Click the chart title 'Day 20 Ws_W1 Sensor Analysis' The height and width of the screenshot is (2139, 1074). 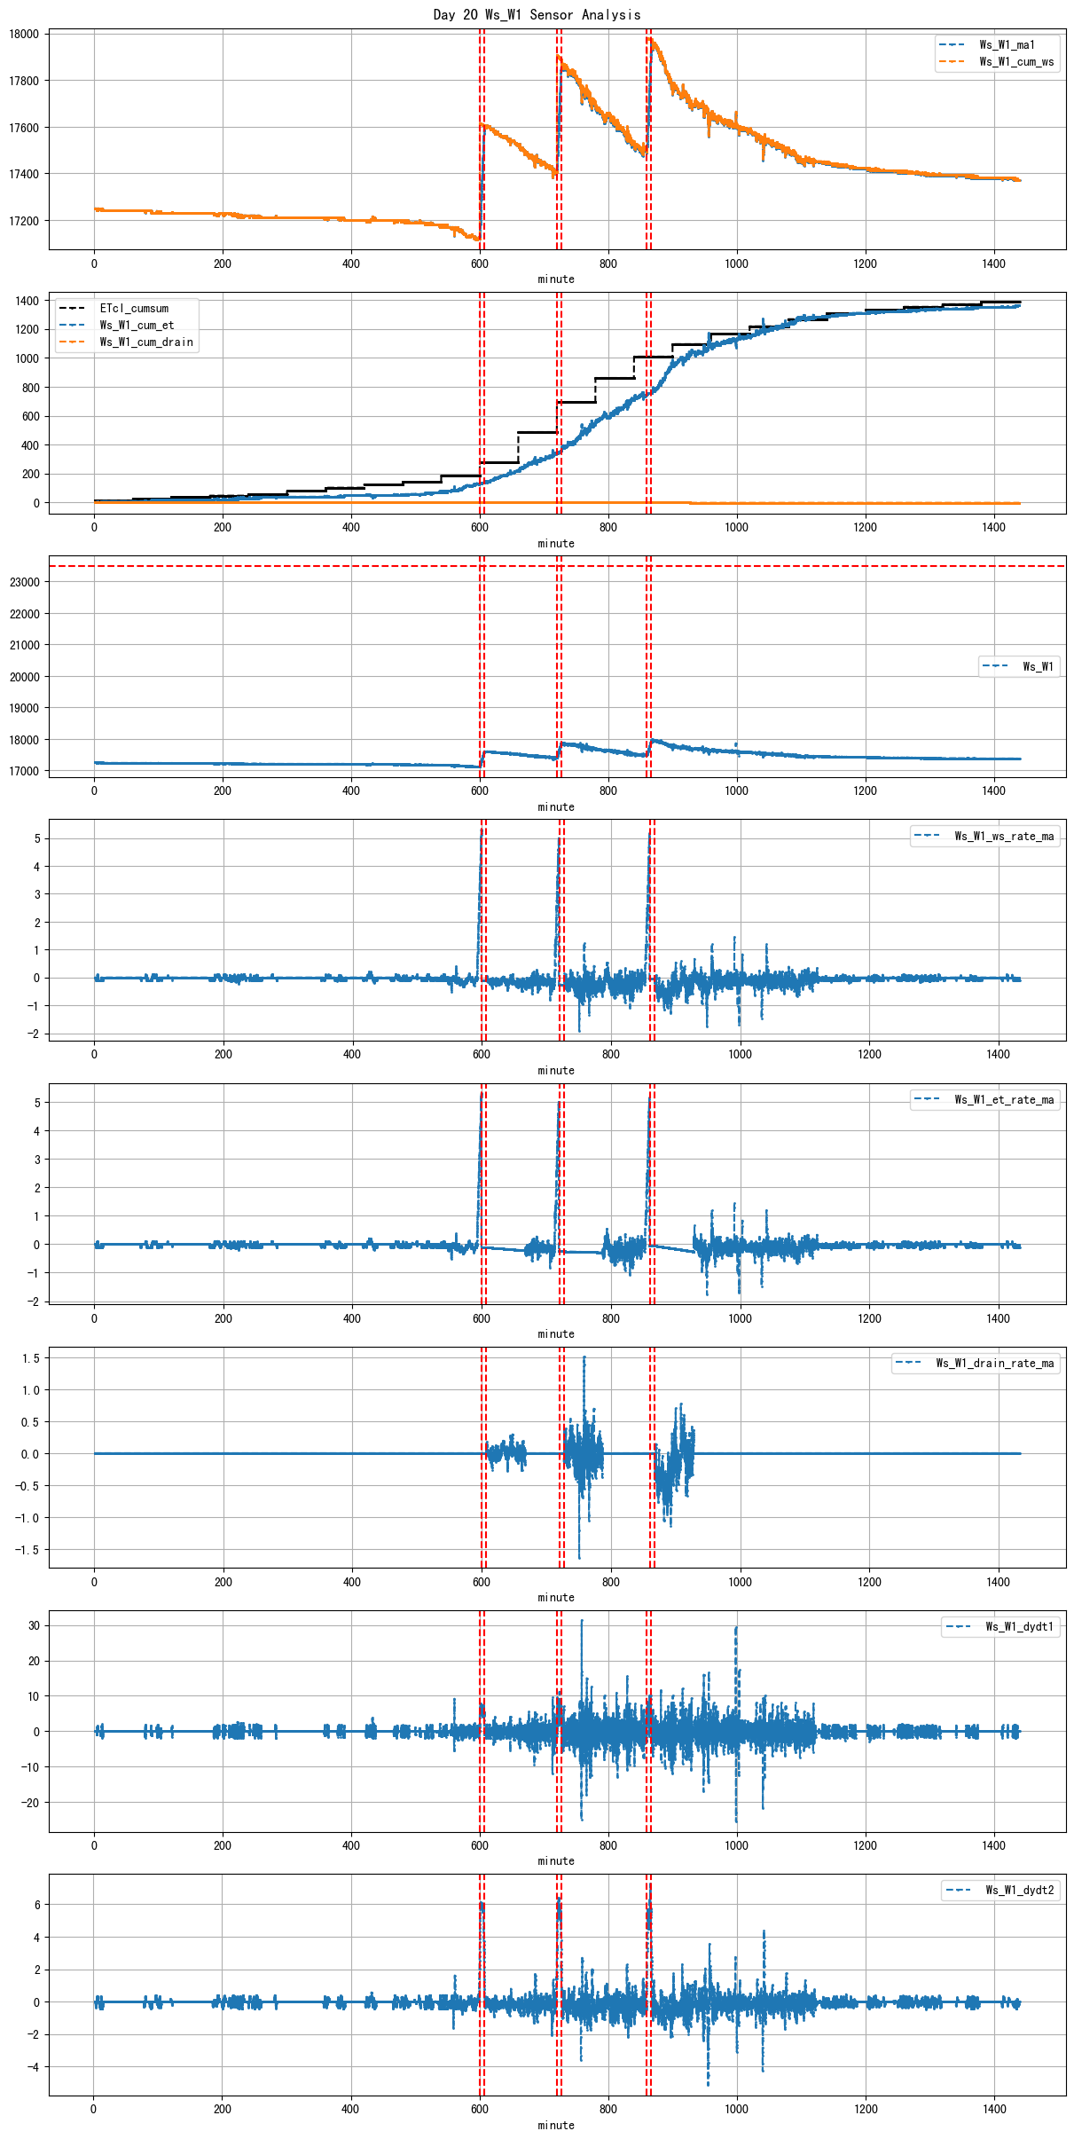(537, 14)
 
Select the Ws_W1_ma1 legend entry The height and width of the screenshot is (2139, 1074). (1006, 45)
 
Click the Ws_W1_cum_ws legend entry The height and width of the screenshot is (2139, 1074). (1015, 62)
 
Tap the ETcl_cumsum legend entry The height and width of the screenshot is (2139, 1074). (133, 309)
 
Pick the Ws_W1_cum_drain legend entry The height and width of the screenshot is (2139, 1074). (145, 342)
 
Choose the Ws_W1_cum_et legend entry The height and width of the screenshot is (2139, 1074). (137, 326)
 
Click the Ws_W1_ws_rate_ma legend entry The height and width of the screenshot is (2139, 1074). (1003, 837)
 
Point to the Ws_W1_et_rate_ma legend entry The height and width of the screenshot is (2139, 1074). (1003, 1100)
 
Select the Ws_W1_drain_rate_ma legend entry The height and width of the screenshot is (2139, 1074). (994, 1364)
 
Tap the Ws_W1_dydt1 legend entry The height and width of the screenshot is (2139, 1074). (1019, 1627)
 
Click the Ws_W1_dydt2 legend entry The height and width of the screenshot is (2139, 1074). (1019, 1891)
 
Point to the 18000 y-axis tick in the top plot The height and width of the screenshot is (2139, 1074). (24, 35)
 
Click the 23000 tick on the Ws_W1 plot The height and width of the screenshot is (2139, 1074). (24, 582)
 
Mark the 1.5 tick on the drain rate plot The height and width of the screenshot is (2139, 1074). (31, 1358)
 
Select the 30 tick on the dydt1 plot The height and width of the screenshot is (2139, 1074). (34, 1625)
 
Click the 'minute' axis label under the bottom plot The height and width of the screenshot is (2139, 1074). (556, 2125)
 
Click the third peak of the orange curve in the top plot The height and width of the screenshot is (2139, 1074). (650, 38)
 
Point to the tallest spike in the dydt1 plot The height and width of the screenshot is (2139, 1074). (582, 1621)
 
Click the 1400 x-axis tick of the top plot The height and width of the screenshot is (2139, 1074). (994, 263)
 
